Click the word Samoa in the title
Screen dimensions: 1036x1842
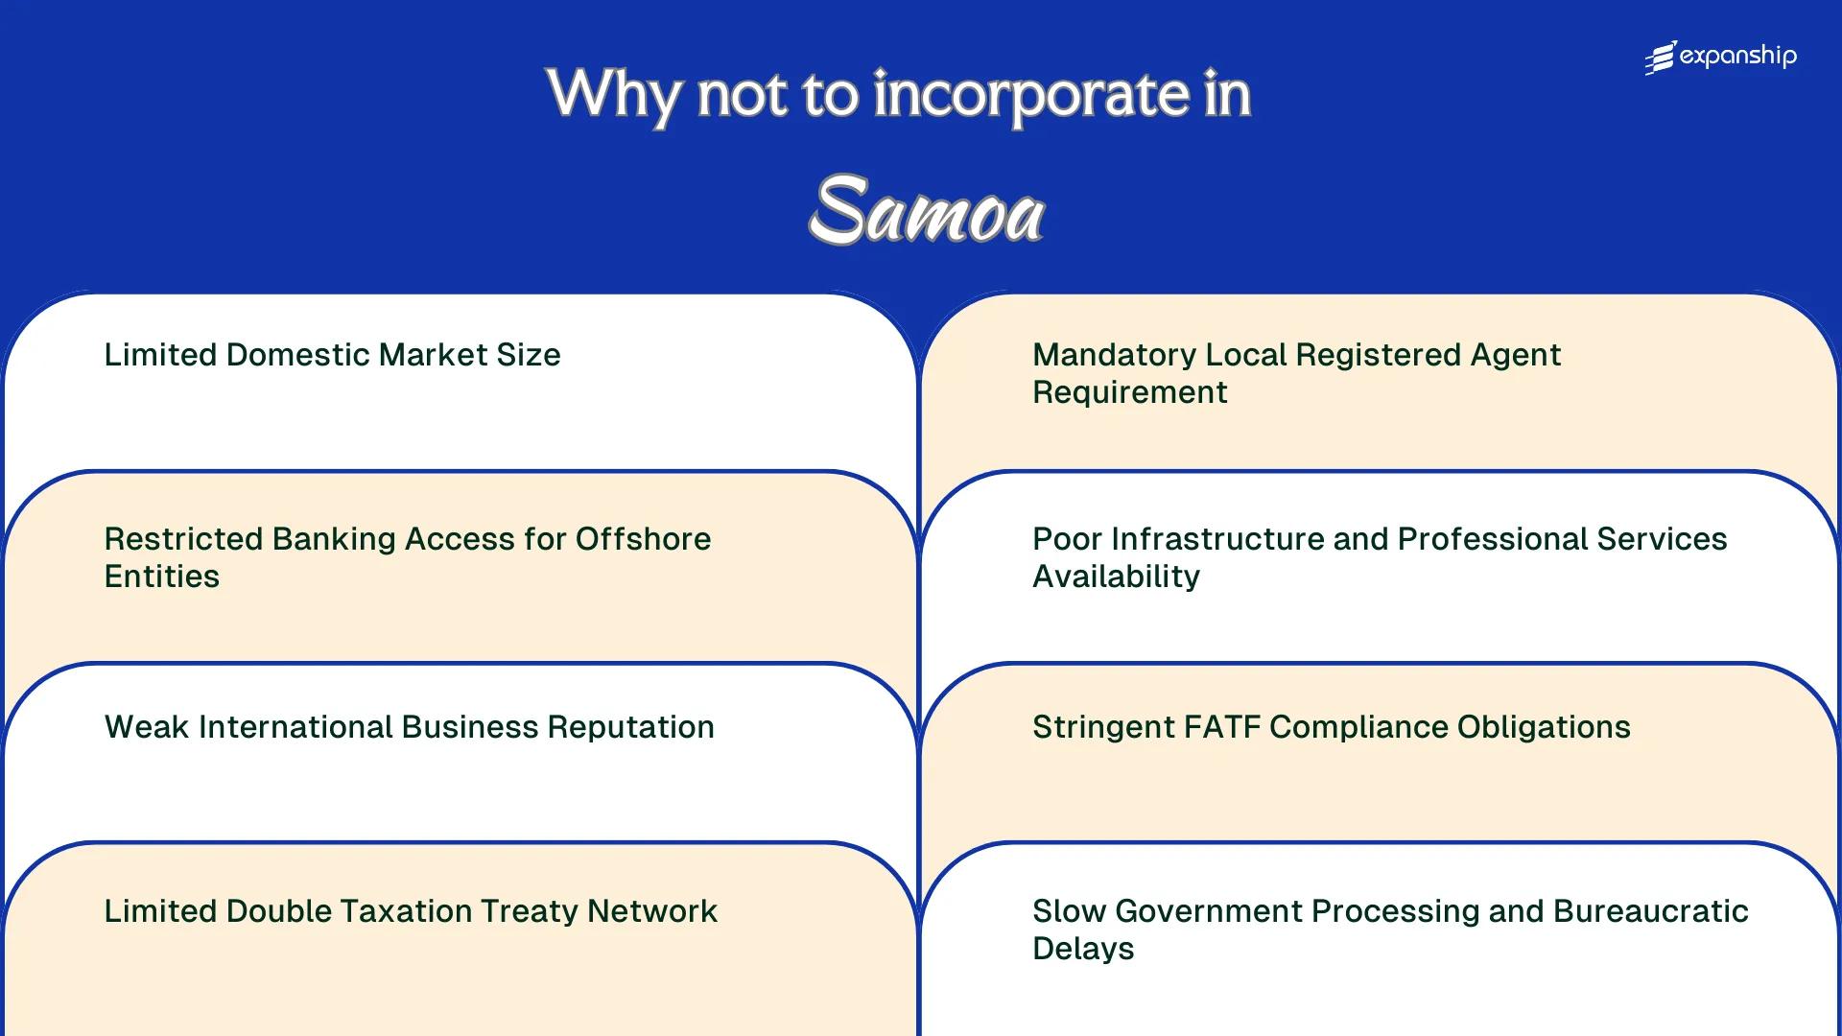pyautogui.click(x=926, y=211)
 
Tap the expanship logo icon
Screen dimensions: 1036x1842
pyautogui.click(x=1661, y=58)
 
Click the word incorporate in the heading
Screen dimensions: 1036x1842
pyautogui.click(x=1030, y=95)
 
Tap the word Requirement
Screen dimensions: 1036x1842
pyautogui.click(x=1129, y=392)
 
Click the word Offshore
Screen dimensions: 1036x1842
pyautogui.click(x=643, y=539)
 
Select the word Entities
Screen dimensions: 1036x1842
pyautogui.click(x=161, y=577)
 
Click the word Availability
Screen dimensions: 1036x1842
pyautogui.click(x=1116, y=577)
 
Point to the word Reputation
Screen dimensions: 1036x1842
pyautogui.click(x=630, y=727)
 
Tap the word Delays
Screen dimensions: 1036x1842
pyautogui.click(x=1083, y=949)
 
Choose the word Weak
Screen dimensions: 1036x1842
pyautogui.click(x=147, y=727)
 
